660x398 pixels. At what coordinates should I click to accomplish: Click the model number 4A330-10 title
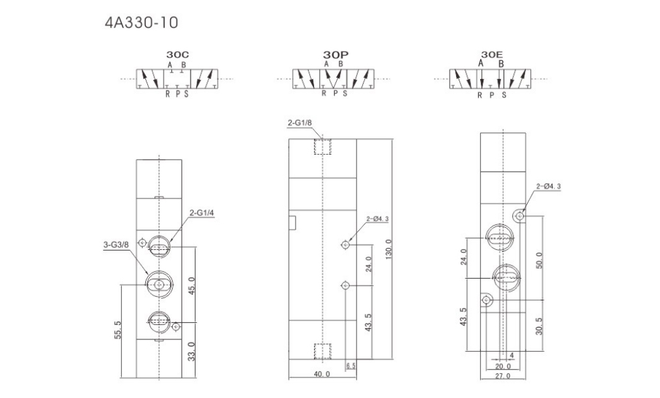[141, 22]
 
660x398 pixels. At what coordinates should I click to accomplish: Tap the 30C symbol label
[177, 55]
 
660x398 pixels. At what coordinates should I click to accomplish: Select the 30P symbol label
[336, 55]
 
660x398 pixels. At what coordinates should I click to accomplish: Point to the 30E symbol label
[492, 55]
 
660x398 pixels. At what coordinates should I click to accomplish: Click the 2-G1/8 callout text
[300, 123]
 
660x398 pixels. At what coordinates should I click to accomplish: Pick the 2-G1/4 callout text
[202, 213]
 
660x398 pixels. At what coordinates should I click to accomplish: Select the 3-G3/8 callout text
[116, 245]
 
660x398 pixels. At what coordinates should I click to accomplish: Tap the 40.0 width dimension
[322, 374]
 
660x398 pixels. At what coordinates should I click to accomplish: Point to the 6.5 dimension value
[351, 366]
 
